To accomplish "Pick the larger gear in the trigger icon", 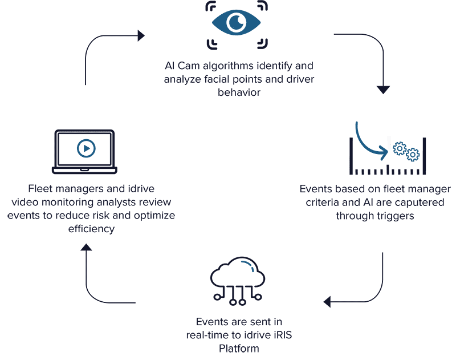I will [400, 149].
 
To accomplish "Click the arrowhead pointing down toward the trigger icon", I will [384, 89].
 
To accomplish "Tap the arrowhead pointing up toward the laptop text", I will [85, 246].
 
